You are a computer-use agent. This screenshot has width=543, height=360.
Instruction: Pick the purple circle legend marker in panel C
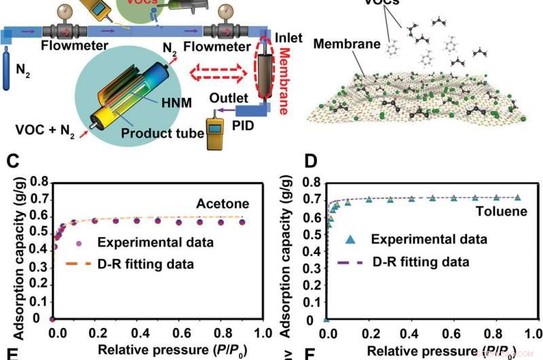[79, 242]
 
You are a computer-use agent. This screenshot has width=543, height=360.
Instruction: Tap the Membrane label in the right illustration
[337, 44]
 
